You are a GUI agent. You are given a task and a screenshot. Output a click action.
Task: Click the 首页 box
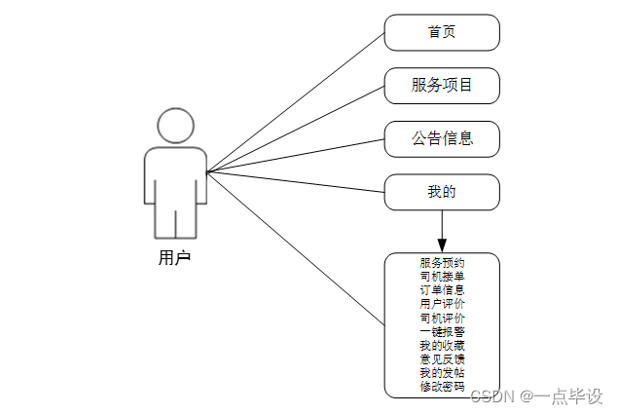(442, 32)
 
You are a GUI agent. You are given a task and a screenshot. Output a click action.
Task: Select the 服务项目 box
(442, 86)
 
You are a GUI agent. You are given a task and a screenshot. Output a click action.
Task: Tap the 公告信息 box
(442, 138)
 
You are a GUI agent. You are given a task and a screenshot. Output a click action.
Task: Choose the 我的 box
(442, 192)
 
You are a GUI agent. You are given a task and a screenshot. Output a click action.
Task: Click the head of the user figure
(175, 127)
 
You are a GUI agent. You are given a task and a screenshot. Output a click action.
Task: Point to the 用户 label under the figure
(174, 258)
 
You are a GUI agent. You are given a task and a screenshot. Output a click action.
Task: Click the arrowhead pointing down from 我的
(442, 243)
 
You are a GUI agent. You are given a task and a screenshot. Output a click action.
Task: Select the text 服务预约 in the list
(442, 263)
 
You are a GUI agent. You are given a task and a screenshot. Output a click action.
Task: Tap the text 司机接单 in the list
(442, 277)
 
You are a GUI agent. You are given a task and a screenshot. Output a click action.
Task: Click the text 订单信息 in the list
(442, 290)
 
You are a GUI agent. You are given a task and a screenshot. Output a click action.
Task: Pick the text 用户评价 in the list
(442, 304)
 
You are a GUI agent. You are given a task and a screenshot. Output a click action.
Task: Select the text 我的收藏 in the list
(442, 346)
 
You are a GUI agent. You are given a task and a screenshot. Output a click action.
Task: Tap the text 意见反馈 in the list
(442, 359)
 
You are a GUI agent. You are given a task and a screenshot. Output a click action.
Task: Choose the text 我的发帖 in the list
(442, 373)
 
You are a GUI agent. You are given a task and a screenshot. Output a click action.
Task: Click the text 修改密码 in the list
(442, 387)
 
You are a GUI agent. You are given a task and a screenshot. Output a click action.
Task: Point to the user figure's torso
(175, 180)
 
